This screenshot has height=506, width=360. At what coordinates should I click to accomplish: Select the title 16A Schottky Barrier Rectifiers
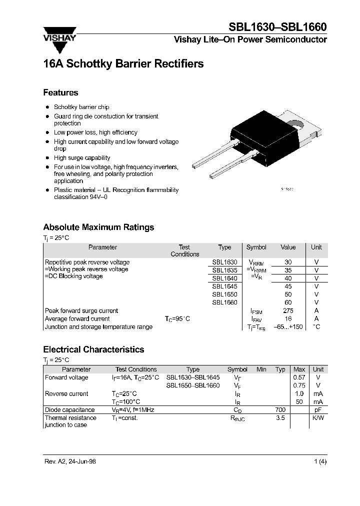tap(123, 64)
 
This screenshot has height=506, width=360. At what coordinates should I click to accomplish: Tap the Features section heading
tap(60, 92)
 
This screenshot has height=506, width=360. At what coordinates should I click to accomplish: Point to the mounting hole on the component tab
tap(296, 123)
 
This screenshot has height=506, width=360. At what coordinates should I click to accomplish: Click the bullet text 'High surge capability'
tap(82, 157)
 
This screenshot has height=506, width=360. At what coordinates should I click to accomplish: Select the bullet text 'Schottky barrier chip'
tap(81, 107)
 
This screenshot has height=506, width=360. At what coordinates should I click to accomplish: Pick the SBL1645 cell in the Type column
tap(224, 286)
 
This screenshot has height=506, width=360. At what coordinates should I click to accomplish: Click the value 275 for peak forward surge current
tap(288, 310)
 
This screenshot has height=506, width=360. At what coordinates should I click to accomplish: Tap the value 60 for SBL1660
tap(288, 302)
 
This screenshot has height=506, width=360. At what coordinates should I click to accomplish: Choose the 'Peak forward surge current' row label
tap(81, 310)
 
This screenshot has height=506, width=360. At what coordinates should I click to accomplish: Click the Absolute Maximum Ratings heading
tap(98, 227)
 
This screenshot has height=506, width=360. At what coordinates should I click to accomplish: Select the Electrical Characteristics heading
tap(93, 349)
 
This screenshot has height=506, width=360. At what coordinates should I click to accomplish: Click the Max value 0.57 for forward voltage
tap(299, 377)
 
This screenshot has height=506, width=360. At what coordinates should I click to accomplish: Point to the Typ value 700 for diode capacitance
tap(280, 409)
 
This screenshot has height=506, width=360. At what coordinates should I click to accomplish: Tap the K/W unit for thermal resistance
tap(318, 417)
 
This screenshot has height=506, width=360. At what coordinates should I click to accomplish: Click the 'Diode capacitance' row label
tap(69, 409)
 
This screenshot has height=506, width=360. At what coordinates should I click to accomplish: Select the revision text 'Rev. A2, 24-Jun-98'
tap(70, 461)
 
